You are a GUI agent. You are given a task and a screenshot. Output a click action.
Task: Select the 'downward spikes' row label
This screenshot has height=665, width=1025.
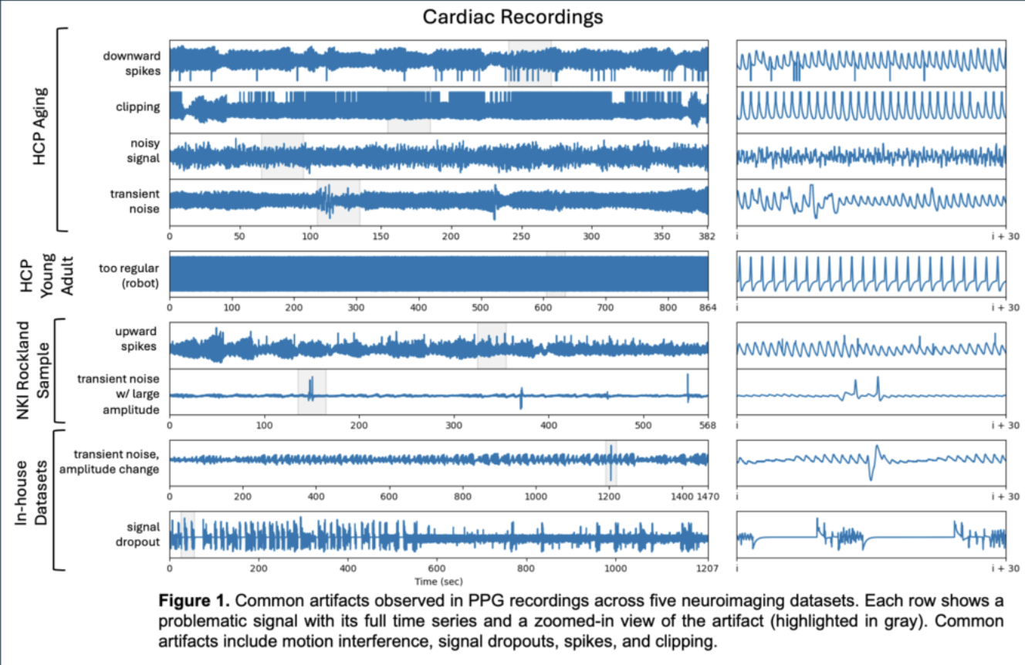tap(134, 63)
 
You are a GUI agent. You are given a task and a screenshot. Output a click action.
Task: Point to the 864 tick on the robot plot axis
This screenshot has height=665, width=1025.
tap(708, 307)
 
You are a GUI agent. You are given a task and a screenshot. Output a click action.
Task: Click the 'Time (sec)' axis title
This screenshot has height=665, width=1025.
tap(438, 581)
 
